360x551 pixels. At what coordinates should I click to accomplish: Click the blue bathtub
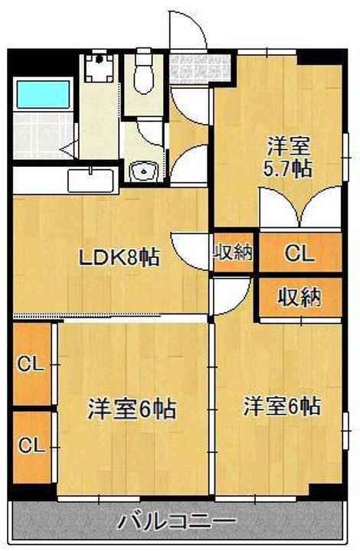click(x=43, y=94)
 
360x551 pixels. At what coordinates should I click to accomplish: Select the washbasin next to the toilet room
click(x=143, y=171)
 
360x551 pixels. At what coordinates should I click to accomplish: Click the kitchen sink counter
click(x=91, y=181)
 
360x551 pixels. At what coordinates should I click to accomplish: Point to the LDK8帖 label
click(x=119, y=258)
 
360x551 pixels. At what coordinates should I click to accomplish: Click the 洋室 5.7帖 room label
click(x=288, y=158)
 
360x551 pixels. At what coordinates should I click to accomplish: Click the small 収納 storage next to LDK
click(x=234, y=252)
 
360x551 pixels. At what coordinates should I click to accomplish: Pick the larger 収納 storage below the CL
click(x=300, y=297)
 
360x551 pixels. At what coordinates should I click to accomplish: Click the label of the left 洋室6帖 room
click(x=133, y=409)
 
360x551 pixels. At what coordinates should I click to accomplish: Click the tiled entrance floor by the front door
click(x=200, y=69)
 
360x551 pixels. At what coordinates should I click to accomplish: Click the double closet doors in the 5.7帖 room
click(x=300, y=207)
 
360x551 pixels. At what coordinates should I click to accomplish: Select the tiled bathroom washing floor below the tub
click(x=43, y=135)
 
